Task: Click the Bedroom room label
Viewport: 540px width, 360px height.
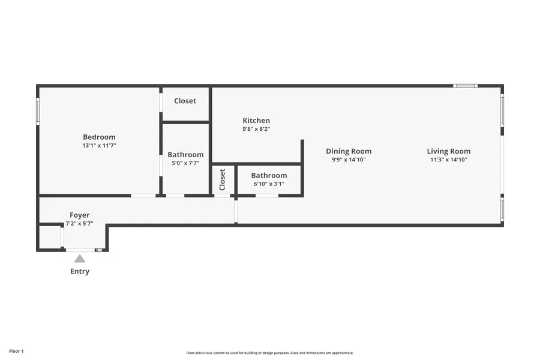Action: pyautogui.click(x=99, y=137)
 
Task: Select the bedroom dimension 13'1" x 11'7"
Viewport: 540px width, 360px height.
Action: pyautogui.click(x=99, y=146)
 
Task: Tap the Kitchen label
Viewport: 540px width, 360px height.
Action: pyautogui.click(x=256, y=121)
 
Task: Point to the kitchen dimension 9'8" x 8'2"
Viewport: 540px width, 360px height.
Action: pyautogui.click(x=256, y=129)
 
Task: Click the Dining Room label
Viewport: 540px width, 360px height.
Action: pyautogui.click(x=349, y=151)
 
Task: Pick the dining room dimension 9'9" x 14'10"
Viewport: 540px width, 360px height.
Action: pyautogui.click(x=349, y=160)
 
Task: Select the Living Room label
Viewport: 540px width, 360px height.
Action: pyautogui.click(x=449, y=151)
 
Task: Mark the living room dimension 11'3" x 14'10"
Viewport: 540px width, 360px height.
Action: pyautogui.click(x=449, y=160)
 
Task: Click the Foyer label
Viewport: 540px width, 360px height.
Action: pyautogui.click(x=79, y=215)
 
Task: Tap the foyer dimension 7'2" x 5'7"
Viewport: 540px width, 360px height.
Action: pyautogui.click(x=79, y=223)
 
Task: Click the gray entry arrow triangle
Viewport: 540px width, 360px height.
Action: pyautogui.click(x=79, y=259)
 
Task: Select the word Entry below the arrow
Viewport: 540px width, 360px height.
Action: pyautogui.click(x=79, y=271)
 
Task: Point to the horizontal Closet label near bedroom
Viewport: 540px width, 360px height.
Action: pyautogui.click(x=185, y=101)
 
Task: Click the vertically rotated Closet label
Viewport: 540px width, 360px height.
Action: pyautogui.click(x=222, y=179)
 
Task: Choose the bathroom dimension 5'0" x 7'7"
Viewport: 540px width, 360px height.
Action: pyautogui.click(x=185, y=163)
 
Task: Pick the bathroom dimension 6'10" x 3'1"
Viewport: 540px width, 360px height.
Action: pyautogui.click(x=269, y=184)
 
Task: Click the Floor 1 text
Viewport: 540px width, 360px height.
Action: pyautogui.click(x=16, y=351)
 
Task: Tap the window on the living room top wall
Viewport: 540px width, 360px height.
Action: pyautogui.click(x=465, y=86)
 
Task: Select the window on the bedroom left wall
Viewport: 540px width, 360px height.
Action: pyautogui.click(x=38, y=112)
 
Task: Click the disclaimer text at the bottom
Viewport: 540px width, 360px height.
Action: pyautogui.click(x=270, y=353)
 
